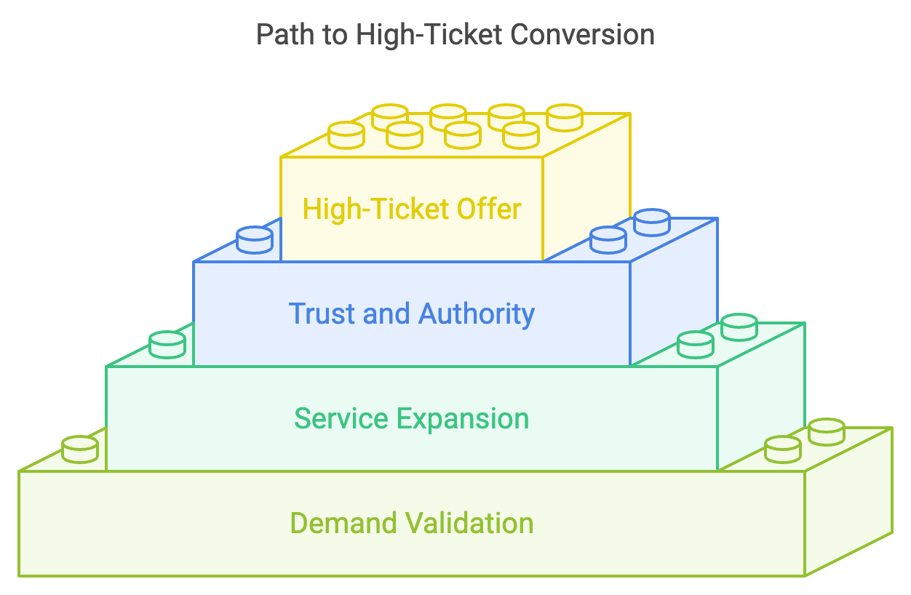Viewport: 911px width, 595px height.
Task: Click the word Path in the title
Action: pyautogui.click(x=285, y=34)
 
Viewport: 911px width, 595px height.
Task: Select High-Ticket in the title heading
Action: pyautogui.click(x=429, y=36)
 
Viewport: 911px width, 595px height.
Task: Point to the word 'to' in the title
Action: pyautogui.click(x=335, y=36)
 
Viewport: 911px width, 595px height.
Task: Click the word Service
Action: pyautogui.click(x=341, y=419)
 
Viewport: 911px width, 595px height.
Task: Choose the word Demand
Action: pyautogui.click(x=343, y=523)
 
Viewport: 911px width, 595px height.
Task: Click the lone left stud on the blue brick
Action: pyautogui.click(x=255, y=240)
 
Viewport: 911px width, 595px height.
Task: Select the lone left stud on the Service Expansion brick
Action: pyautogui.click(x=167, y=345)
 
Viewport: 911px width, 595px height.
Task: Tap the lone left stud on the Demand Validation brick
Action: pyautogui.click(x=80, y=450)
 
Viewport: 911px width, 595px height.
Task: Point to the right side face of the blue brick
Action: pyautogui.click(x=674, y=292)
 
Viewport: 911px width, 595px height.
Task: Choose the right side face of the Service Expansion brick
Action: pyautogui.click(x=761, y=396)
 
